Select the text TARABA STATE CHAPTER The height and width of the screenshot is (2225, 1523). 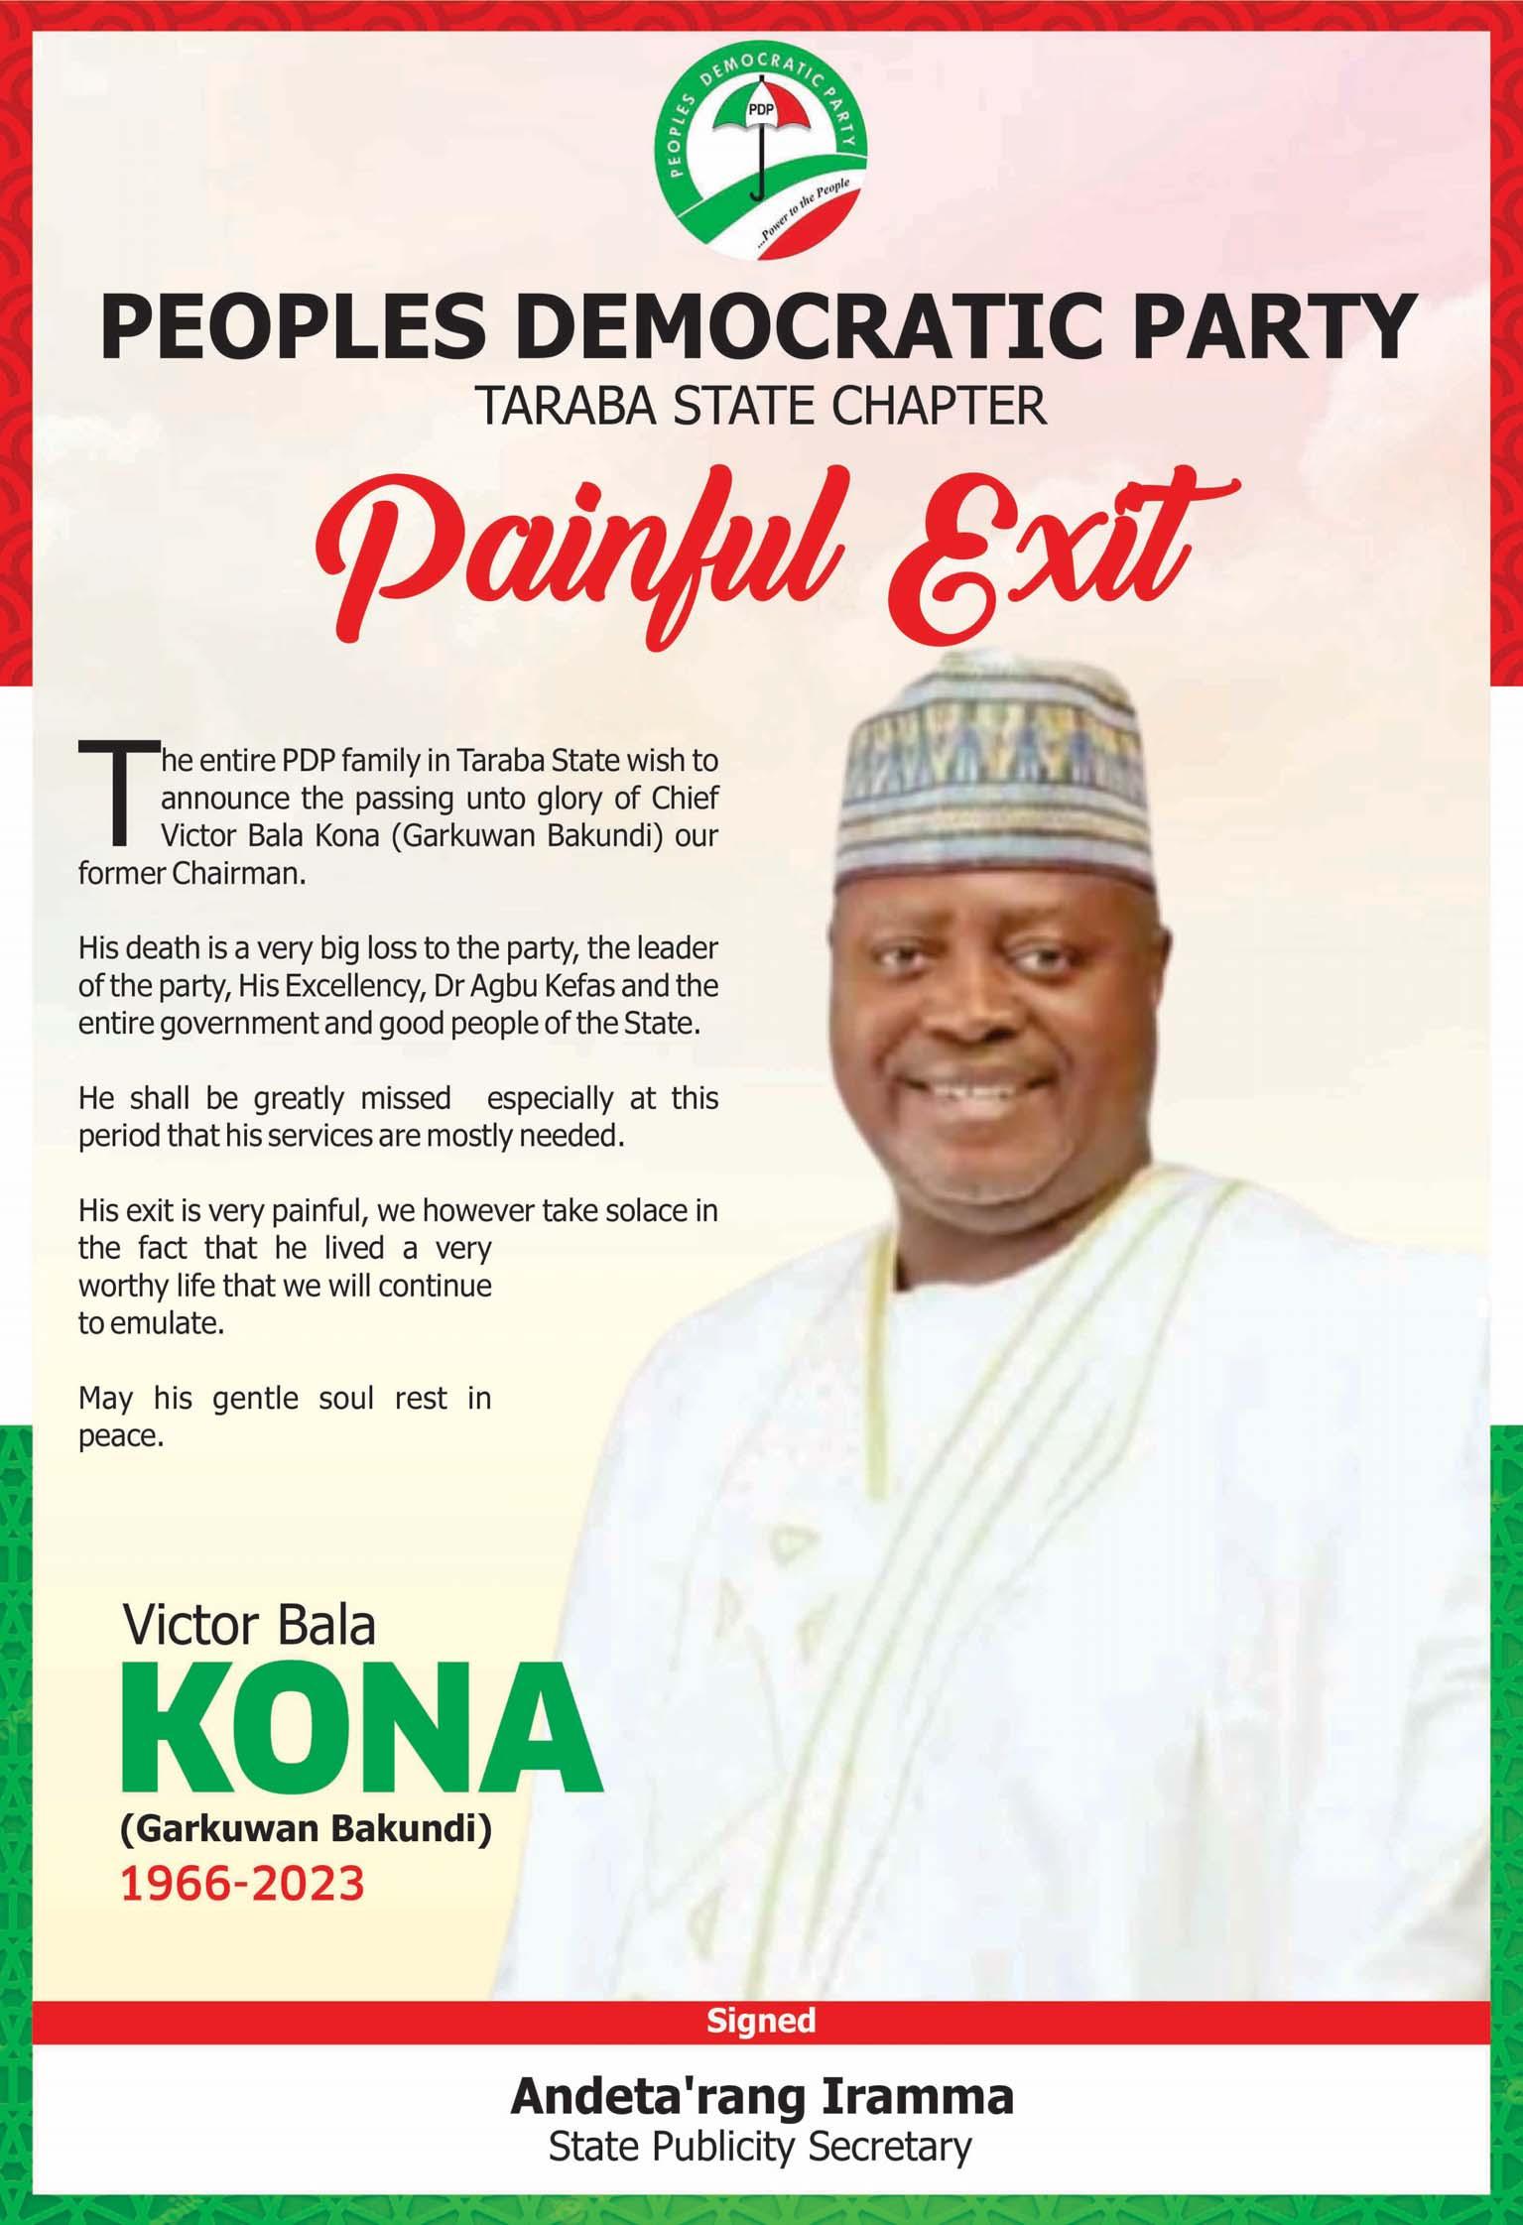pos(761,408)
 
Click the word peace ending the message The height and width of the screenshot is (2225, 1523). pos(120,1435)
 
